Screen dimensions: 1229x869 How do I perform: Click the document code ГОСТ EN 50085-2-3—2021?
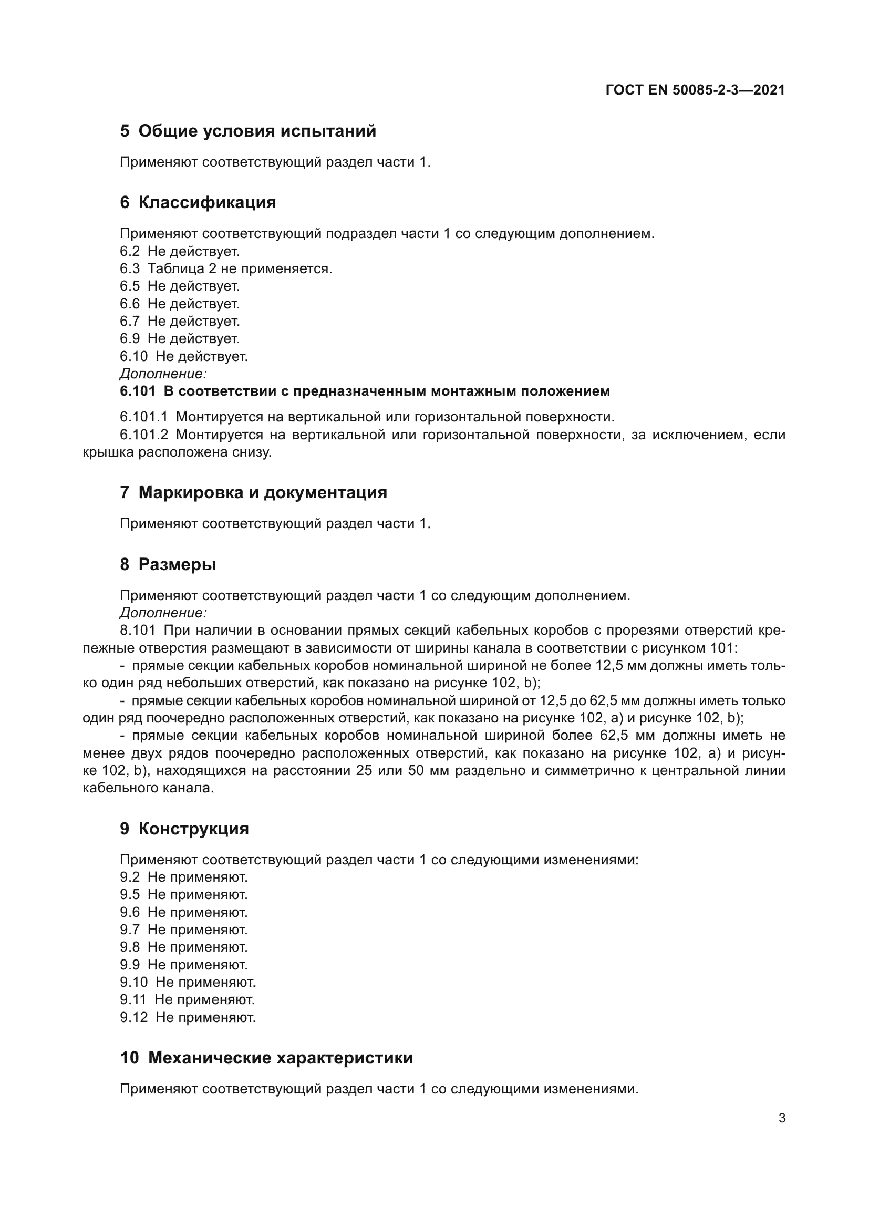pyautogui.click(x=695, y=90)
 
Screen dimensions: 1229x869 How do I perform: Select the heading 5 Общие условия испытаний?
pyautogui.click(x=248, y=131)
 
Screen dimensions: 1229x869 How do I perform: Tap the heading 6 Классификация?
pyautogui.click(x=198, y=203)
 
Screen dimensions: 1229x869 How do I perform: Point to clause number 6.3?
pyautogui.click(x=129, y=268)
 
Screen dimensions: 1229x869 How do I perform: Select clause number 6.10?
pyautogui.click(x=133, y=356)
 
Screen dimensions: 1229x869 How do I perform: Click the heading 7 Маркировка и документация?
pyautogui.click(x=253, y=492)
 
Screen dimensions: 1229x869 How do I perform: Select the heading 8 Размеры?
pyautogui.click(x=168, y=564)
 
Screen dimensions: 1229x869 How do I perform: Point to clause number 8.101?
pyautogui.click(x=138, y=631)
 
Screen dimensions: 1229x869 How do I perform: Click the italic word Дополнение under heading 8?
pyautogui.click(x=163, y=613)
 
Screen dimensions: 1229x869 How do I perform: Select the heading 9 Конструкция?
pyautogui.click(x=184, y=829)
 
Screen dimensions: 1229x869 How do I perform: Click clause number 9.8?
pyautogui.click(x=129, y=947)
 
